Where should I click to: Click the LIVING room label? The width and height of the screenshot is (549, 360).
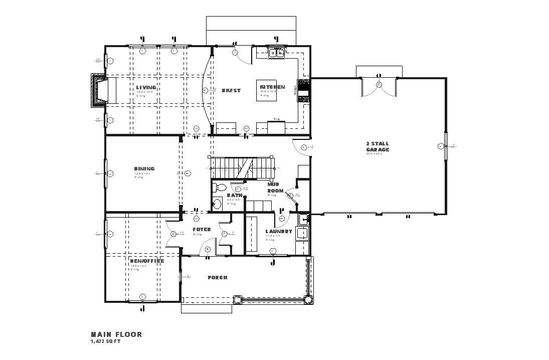(x=146, y=88)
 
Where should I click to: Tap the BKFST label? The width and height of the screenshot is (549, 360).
(x=231, y=91)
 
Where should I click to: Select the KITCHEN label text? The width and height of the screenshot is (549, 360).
(x=272, y=87)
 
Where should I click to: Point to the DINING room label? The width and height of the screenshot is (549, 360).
(x=144, y=169)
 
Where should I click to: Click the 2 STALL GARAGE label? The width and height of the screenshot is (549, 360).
(x=377, y=146)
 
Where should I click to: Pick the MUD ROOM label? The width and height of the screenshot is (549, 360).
(x=275, y=188)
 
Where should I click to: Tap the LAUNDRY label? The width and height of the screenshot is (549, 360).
(x=278, y=232)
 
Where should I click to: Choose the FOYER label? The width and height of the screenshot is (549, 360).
(x=202, y=230)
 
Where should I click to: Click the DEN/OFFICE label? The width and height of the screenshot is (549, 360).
(x=147, y=261)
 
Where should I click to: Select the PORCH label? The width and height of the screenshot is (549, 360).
(x=217, y=277)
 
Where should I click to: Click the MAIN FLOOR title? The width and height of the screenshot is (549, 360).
(x=116, y=334)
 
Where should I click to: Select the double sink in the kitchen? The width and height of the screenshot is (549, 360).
(x=276, y=52)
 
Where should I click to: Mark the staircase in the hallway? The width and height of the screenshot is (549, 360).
(x=241, y=167)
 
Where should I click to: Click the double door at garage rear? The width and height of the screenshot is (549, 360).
(x=379, y=86)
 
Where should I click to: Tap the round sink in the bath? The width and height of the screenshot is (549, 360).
(x=217, y=204)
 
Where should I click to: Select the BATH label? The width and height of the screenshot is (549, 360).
(x=234, y=196)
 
